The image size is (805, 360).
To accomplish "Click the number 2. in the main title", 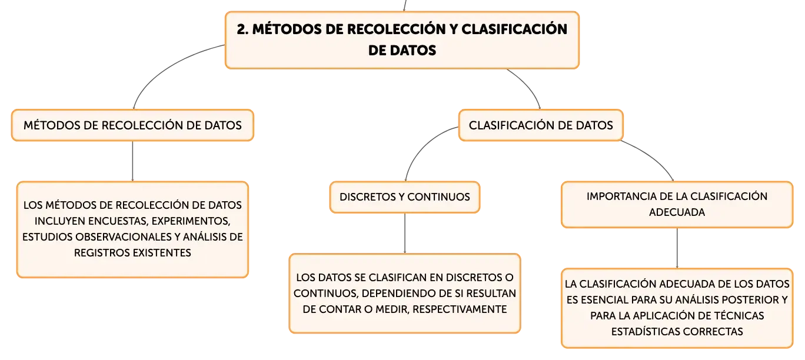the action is click(242, 29).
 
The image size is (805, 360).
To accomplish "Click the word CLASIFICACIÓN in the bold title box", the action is click(514, 29).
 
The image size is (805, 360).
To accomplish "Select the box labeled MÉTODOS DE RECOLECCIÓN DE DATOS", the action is click(132, 125).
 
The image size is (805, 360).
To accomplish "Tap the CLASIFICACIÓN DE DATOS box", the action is click(541, 125).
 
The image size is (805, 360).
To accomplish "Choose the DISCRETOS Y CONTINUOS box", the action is click(405, 197).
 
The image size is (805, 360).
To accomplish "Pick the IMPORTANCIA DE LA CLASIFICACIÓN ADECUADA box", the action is click(677, 205).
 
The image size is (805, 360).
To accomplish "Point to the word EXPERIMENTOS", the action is click(191, 221).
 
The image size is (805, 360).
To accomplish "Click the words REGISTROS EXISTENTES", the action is click(132, 252).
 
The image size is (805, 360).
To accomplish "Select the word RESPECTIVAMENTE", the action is click(460, 309).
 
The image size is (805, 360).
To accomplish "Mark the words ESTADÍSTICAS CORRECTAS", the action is click(677, 331).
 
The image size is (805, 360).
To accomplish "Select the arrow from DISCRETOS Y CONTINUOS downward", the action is click(405, 233).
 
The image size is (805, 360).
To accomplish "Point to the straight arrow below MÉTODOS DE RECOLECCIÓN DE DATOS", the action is click(132, 161).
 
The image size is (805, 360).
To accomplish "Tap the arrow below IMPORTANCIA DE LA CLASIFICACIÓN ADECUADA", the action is click(677, 248).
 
